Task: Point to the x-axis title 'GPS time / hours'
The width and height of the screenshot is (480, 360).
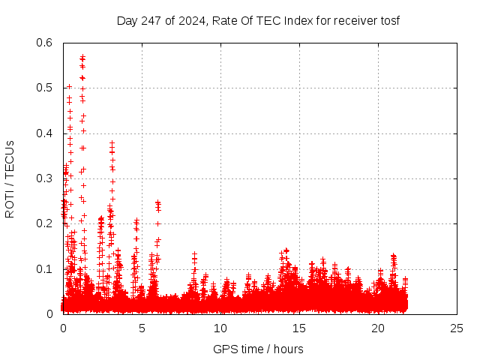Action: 258,349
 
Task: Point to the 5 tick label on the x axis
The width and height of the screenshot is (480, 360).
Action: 142,328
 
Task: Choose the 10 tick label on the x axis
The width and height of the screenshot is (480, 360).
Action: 220,328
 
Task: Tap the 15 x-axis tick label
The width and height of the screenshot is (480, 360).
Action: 299,328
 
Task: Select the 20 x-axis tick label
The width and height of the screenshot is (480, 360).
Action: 378,328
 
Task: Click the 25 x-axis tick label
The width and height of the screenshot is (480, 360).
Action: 457,328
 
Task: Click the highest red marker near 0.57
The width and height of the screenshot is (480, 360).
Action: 82,56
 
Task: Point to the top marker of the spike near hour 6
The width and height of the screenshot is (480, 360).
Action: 157,202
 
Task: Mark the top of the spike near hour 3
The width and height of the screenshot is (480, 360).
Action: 112,142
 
